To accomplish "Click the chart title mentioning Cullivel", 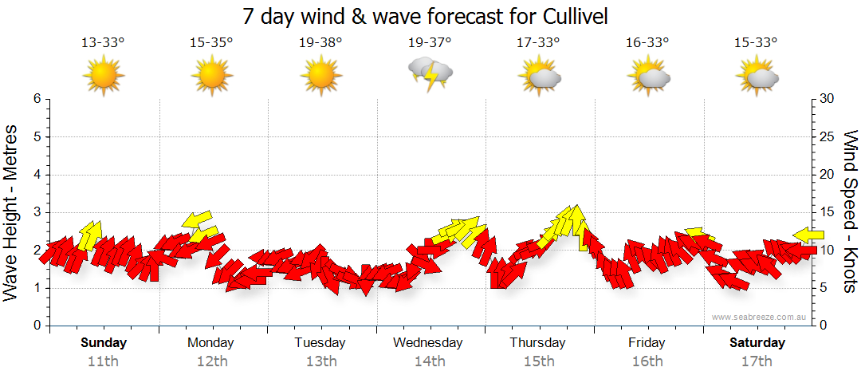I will point(431,15).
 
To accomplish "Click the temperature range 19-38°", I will point(321,42).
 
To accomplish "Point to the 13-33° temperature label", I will point(104,42).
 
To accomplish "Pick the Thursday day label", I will point(537,343).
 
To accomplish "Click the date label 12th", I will point(211,361).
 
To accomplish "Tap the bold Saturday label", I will point(757,343).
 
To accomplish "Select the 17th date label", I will point(757,361).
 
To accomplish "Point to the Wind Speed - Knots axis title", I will point(849,212).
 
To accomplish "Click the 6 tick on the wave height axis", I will point(36,99).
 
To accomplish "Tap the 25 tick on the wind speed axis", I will point(828,137).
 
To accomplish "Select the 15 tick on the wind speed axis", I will point(828,212).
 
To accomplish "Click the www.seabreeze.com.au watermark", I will point(760,318).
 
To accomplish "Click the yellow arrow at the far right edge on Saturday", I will point(808,234).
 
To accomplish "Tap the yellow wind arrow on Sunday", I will point(91,234).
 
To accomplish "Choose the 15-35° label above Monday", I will point(211,42).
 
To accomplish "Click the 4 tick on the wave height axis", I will point(36,175).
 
